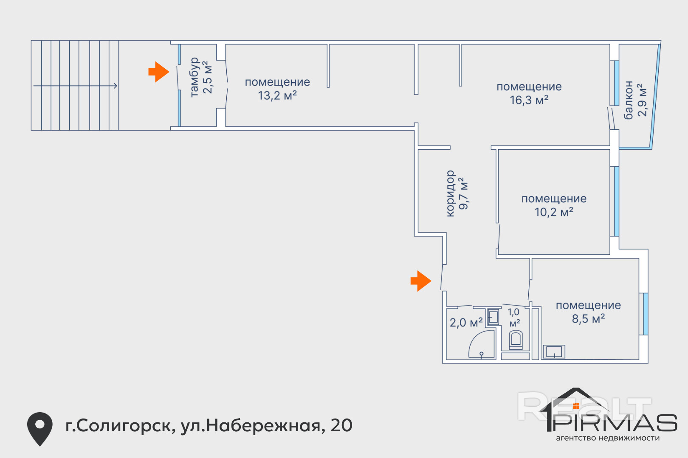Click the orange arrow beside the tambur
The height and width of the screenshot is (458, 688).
coord(159,72)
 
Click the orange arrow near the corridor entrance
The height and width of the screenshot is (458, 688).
coord(421,281)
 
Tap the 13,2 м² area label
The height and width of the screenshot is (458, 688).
coord(277,96)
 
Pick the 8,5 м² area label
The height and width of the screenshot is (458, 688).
coord(589,319)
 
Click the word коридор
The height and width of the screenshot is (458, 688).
coord(450,193)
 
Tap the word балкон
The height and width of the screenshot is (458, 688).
coord(629,100)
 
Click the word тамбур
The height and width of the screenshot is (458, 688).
coord(195,77)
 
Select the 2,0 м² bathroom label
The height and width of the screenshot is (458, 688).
coord(466,323)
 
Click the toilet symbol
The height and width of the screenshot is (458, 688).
coord(516,340)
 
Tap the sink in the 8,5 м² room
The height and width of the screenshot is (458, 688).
coord(554,352)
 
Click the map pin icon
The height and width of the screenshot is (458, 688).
coord(40,429)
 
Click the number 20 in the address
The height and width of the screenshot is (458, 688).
coord(341,426)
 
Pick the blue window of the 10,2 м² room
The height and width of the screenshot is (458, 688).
coord(616,201)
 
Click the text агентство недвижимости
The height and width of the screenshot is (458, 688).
coord(608,438)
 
